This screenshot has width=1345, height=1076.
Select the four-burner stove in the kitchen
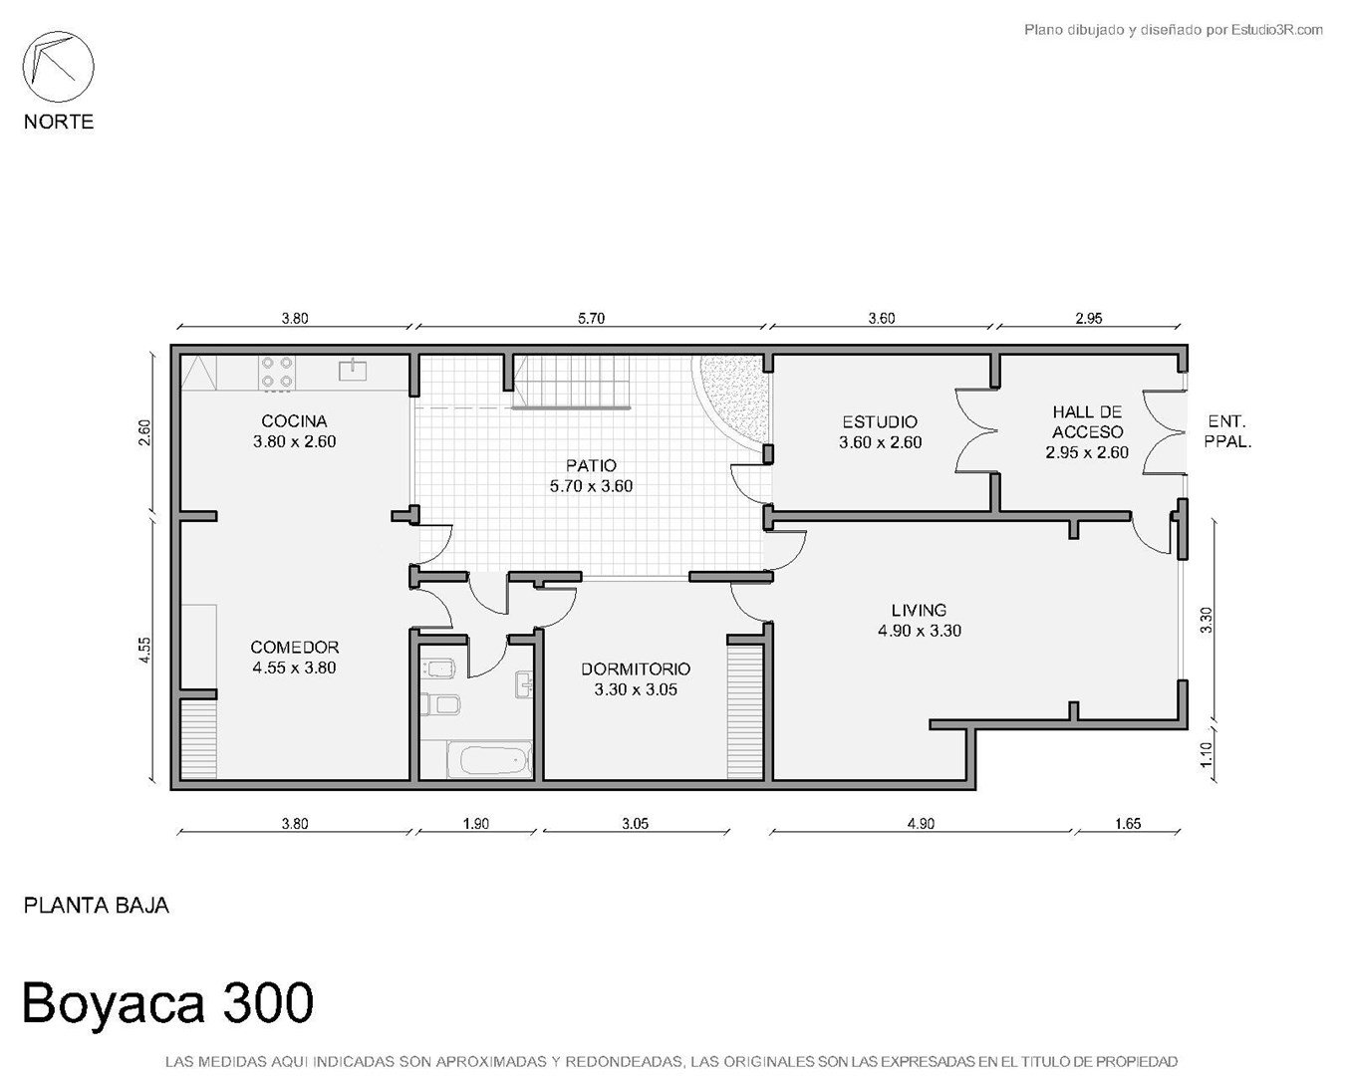(x=277, y=373)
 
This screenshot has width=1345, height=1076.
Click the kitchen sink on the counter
(x=353, y=370)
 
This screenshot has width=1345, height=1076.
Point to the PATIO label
(x=591, y=465)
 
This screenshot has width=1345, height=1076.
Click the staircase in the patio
(x=571, y=382)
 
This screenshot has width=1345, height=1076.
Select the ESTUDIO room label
(x=880, y=421)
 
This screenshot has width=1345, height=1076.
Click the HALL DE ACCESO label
(x=1087, y=422)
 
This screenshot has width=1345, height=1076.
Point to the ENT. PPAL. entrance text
(x=1227, y=431)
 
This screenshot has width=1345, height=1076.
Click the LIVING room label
(x=919, y=610)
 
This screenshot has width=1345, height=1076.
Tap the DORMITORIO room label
(x=636, y=669)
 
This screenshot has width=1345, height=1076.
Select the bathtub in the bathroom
(x=490, y=759)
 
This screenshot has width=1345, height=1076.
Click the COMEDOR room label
(x=294, y=648)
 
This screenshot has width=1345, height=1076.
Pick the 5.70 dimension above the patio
(x=591, y=318)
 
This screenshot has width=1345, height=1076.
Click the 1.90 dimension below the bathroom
(x=475, y=823)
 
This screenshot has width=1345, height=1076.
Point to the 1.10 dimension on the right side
(x=1206, y=754)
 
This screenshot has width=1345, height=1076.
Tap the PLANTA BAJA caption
(x=97, y=906)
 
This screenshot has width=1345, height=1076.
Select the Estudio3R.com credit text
(x=1277, y=29)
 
